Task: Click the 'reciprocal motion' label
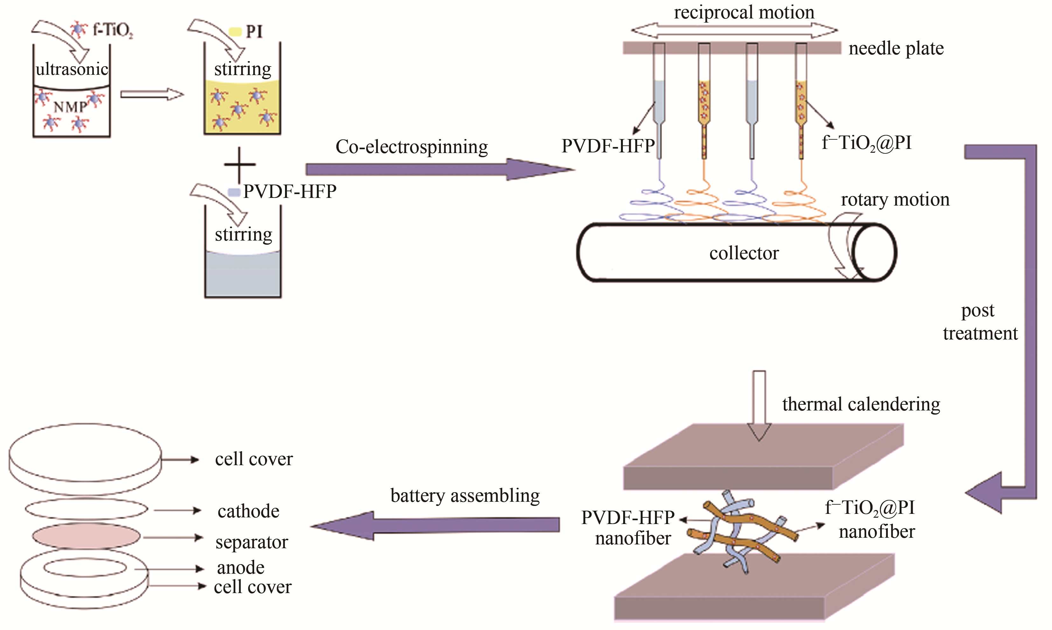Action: click(x=744, y=12)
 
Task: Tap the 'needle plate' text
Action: click(x=896, y=48)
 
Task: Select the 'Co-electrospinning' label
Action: click(x=412, y=147)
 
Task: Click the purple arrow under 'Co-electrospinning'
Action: click(x=437, y=169)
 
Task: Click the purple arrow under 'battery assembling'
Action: click(x=437, y=525)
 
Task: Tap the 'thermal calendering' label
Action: click(x=861, y=404)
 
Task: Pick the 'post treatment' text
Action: click(x=979, y=322)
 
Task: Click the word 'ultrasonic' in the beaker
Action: click(x=72, y=69)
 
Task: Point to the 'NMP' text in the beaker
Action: click(x=70, y=107)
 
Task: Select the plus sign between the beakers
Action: click(x=240, y=164)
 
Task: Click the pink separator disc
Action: click(x=86, y=536)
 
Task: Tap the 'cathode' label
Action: click(x=248, y=511)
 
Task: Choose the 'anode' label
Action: click(x=240, y=568)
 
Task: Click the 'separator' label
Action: click(x=252, y=542)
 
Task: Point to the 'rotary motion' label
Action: click(x=895, y=199)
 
